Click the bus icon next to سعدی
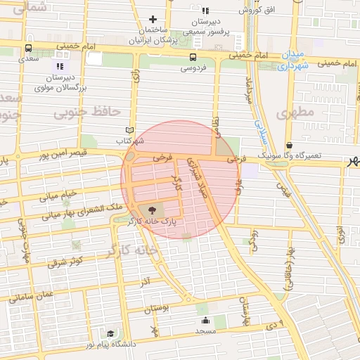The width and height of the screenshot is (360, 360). [x=27, y=49]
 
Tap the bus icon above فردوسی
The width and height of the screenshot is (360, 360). [x=193, y=57]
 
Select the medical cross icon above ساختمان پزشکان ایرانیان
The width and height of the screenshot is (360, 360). [x=153, y=19]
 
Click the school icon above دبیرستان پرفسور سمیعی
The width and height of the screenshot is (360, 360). [x=205, y=11]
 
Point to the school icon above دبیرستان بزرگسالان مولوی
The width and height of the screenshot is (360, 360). [x=60, y=66]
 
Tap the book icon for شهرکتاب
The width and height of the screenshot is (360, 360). [x=129, y=130]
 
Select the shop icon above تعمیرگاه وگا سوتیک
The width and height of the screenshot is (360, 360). [x=290, y=144]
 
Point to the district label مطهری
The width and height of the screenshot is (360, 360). [x=293, y=112]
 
